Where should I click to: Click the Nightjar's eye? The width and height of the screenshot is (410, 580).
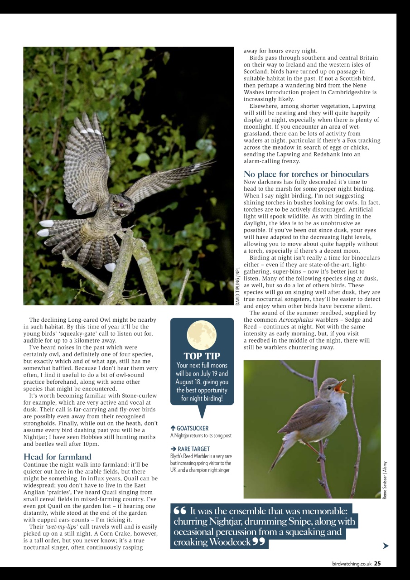(121, 205)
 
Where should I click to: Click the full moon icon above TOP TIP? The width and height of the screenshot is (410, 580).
(202, 335)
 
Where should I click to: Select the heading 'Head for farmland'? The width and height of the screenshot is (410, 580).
(57, 457)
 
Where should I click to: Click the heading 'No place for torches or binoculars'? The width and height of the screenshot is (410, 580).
(306, 174)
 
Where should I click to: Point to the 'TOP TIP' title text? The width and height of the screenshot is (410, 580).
(202, 356)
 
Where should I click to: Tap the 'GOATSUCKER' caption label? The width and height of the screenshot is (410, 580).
(192, 428)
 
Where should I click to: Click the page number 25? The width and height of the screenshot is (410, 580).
(377, 564)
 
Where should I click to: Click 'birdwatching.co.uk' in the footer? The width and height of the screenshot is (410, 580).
(352, 564)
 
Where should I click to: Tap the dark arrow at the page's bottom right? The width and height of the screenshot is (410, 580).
(386, 546)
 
